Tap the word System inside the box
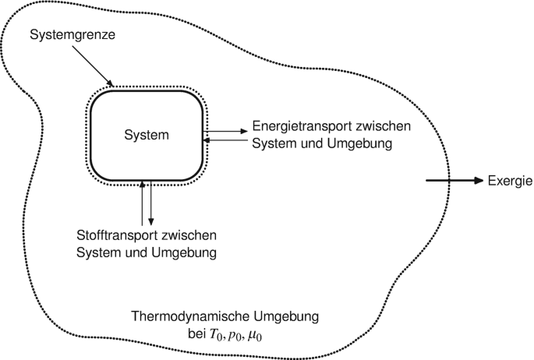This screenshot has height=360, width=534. (x=146, y=135)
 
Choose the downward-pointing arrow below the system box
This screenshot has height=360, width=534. (x=150, y=203)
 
